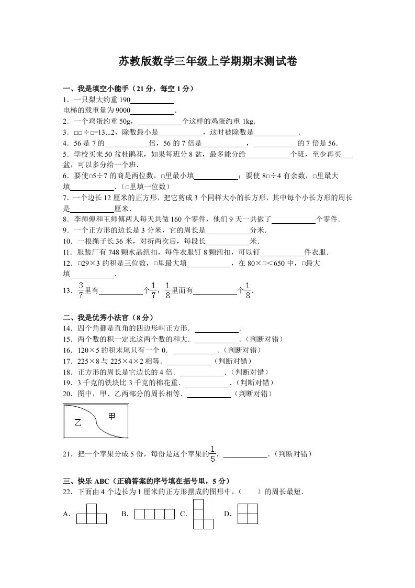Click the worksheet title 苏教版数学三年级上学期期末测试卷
coord(208,62)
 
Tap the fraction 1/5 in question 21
coord(212,454)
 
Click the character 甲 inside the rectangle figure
coord(111,416)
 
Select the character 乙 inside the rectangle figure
coord(79,423)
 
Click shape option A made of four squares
coord(92,514)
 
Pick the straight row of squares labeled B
coord(154,514)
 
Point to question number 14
coord(66,329)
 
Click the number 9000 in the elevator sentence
coord(122,111)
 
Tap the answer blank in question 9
coord(228,231)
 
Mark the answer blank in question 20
coord(209,394)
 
